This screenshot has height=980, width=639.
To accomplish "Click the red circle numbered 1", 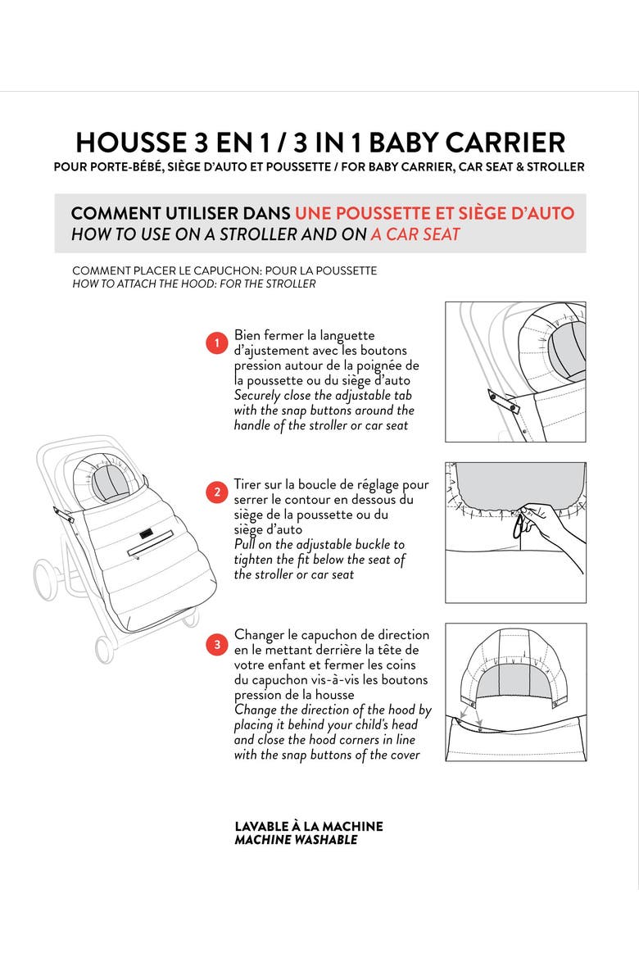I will [216, 343].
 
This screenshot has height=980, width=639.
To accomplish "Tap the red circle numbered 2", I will [216, 492].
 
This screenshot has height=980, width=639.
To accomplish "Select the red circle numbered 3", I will [216, 644].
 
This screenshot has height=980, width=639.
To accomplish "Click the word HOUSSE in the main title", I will [130, 143].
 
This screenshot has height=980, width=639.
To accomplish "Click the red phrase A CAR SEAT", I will [415, 234].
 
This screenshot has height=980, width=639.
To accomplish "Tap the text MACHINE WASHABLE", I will [296, 840].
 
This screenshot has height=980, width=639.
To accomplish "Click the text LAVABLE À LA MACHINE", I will [308, 826].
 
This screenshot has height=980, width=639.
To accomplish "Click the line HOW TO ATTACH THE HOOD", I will [193, 284].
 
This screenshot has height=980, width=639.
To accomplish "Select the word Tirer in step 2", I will [249, 484].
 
